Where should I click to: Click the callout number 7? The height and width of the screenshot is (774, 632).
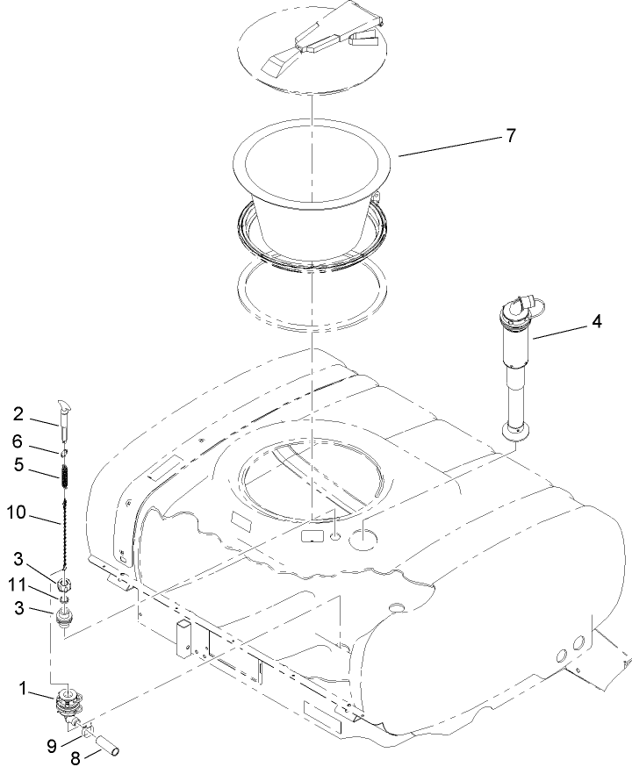coord(510,136)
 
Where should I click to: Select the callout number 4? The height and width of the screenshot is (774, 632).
coord(596,321)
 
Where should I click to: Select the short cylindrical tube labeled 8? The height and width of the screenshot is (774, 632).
coord(104,742)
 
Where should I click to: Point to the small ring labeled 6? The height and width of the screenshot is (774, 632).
coord(64,453)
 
